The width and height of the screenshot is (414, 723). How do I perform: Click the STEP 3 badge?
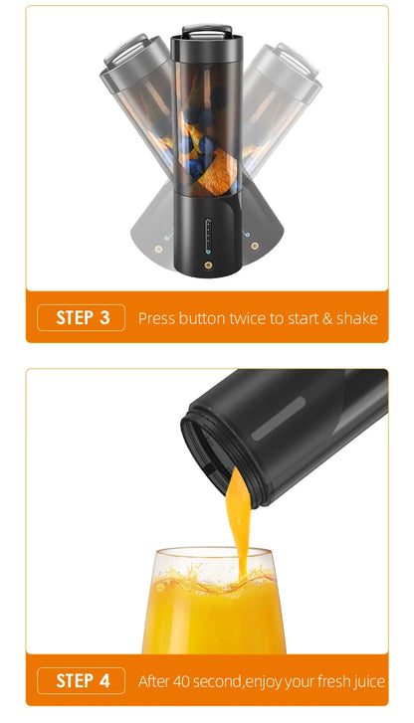(81, 318)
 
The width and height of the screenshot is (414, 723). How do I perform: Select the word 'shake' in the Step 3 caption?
(356, 319)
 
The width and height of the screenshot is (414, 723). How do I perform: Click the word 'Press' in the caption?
(156, 319)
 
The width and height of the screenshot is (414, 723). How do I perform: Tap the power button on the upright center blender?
(207, 265)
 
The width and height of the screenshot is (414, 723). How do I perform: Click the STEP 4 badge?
(81, 681)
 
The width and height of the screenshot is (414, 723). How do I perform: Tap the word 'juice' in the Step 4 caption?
(365, 682)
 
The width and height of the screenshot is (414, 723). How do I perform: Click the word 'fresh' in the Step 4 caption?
(322, 682)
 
